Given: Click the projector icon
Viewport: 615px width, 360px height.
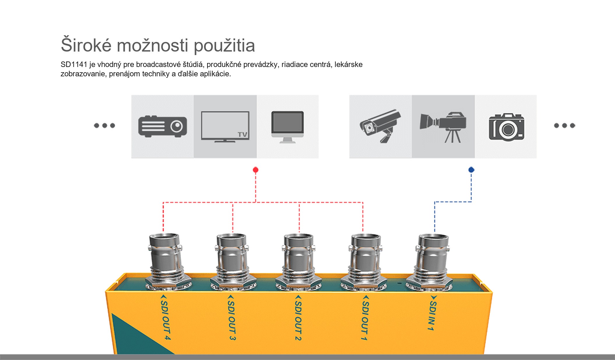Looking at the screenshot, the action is point(163,126).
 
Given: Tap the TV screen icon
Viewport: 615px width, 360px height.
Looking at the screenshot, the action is point(225,127).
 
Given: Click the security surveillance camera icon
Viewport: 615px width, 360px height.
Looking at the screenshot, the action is point(380,126).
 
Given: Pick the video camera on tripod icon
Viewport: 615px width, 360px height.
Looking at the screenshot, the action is point(443,127).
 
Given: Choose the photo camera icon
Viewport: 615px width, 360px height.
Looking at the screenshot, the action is point(507,127).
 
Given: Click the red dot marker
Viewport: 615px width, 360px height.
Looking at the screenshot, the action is point(256,170).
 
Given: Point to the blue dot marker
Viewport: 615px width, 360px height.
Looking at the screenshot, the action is point(471,170).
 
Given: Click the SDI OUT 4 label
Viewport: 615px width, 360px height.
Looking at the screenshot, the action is point(165,317).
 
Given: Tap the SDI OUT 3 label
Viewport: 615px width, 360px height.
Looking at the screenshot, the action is point(232,317).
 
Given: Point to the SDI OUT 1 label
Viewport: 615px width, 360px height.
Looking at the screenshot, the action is point(365,317).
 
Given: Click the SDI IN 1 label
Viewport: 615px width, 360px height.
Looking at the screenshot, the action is point(433,313).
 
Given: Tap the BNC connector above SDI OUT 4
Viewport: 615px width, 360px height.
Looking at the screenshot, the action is point(166,262).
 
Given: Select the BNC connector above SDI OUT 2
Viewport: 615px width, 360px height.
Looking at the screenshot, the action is point(299,262).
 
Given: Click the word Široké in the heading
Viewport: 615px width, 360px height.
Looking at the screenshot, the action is point(86,45).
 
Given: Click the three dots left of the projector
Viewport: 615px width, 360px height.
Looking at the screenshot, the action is point(104,126).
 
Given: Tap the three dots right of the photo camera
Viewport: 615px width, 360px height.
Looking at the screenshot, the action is point(565,126).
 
